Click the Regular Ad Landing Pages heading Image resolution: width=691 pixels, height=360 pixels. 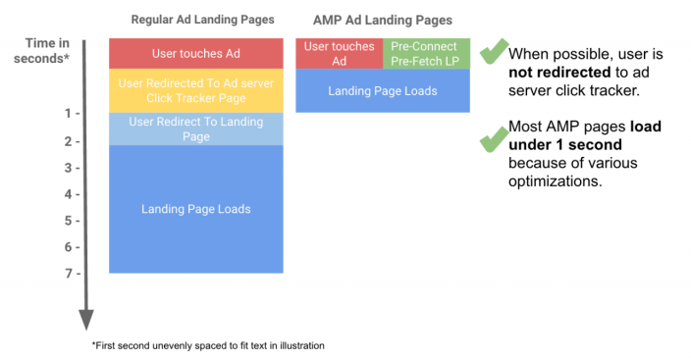point(202,20)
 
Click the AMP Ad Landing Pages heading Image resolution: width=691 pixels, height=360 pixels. point(383,20)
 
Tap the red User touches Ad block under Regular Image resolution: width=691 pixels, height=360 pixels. point(196,53)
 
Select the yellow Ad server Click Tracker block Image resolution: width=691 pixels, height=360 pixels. point(196,90)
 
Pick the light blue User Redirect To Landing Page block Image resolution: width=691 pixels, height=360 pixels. point(196,129)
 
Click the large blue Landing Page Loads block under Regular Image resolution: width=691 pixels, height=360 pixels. point(196,209)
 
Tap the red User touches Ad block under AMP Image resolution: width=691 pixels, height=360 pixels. point(339,53)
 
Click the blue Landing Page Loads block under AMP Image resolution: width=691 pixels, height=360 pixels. point(383,91)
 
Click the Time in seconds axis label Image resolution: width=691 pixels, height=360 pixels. point(47,51)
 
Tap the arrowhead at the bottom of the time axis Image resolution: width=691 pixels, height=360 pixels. point(86,319)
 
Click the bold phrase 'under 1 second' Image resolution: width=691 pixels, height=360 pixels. point(555,146)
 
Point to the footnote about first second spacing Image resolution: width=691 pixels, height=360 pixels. point(207,345)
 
